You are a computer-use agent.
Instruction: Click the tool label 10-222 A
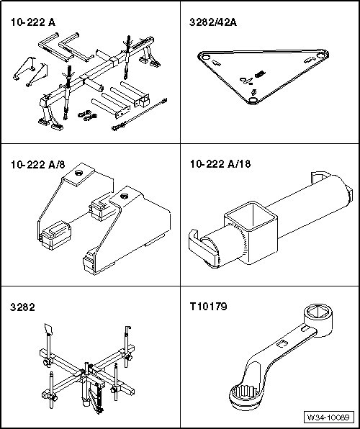click(x=33, y=22)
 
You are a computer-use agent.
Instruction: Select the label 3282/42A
click(x=212, y=22)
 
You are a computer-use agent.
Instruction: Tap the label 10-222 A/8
click(x=38, y=165)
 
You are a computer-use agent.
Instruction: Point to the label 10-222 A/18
click(x=220, y=164)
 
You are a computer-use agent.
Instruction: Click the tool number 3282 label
click(x=22, y=307)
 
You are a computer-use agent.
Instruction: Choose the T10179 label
click(x=209, y=307)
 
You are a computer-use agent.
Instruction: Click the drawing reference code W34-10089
click(x=328, y=417)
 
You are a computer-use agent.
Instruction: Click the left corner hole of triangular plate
click(x=205, y=57)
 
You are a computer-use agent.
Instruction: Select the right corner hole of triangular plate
click(x=320, y=55)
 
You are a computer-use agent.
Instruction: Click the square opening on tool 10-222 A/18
click(x=251, y=216)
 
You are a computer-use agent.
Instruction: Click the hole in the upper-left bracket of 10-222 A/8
click(x=79, y=173)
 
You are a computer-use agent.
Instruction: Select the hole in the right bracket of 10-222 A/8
click(x=124, y=197)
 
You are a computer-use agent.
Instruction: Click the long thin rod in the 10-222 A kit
click(x=140, y=114)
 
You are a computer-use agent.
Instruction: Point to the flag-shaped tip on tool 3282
click(x=48, y=329)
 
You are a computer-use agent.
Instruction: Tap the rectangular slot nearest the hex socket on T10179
click(x=305, y=328)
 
